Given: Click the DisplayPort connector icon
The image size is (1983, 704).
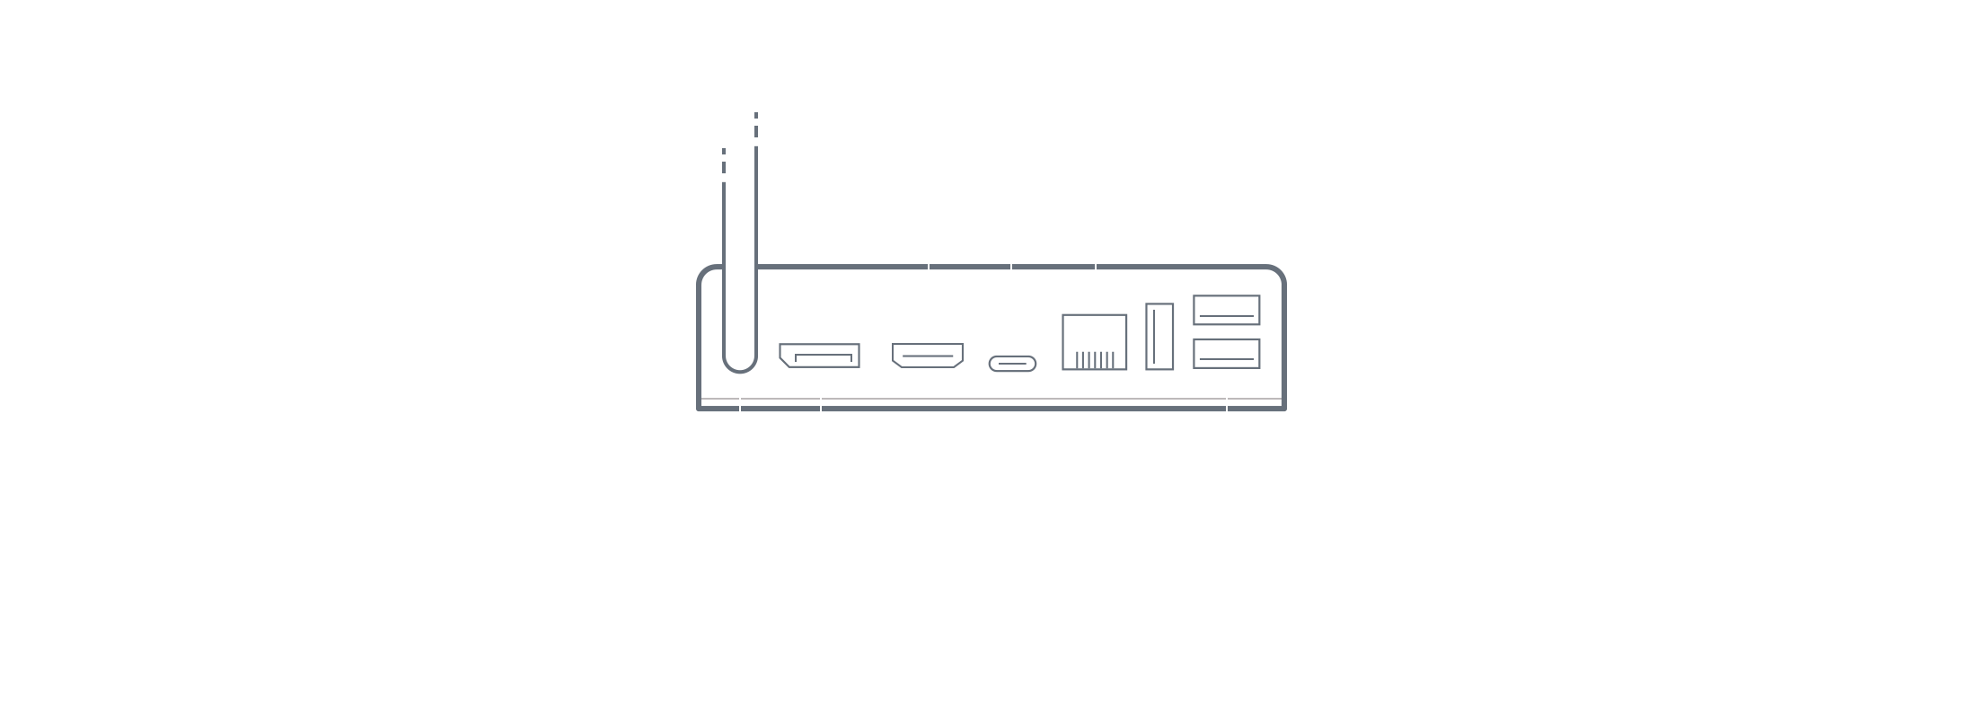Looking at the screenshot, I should click(819, 356).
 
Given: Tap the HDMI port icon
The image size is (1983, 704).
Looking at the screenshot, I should click(928, 356).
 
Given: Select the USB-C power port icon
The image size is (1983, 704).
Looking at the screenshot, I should click(1012, 364).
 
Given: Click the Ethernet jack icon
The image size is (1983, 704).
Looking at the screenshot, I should click(1094, 341).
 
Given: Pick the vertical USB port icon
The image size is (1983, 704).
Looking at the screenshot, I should click(1159, 337).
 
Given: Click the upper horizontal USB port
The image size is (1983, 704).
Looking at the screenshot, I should click(1226, 310).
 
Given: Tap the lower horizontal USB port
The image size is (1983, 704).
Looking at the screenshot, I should click(1226, 354).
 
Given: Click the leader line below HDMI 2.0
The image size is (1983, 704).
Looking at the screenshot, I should click(929, 269).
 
